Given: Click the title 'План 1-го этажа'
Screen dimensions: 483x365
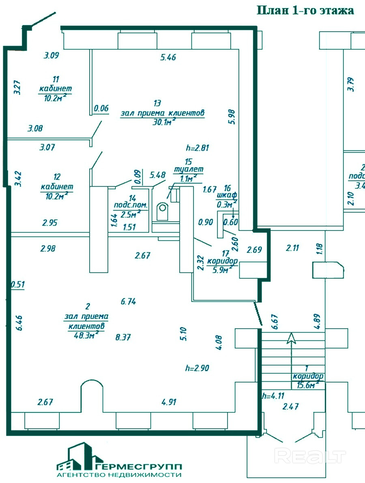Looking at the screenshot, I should tap(305, 11).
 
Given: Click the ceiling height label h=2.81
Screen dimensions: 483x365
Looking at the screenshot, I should tap(197, 148).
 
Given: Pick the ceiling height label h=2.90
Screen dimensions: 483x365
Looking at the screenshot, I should tap(197, 368).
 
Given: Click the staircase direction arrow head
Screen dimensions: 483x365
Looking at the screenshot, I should tap(291, 337).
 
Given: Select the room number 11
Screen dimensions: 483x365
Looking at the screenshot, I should tap(56, 79).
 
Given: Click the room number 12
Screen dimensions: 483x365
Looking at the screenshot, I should tap(57, 177).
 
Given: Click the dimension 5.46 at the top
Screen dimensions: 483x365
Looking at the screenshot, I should tap(168, 58).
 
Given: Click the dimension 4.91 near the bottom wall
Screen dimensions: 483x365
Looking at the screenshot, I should tap(170, 402).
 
